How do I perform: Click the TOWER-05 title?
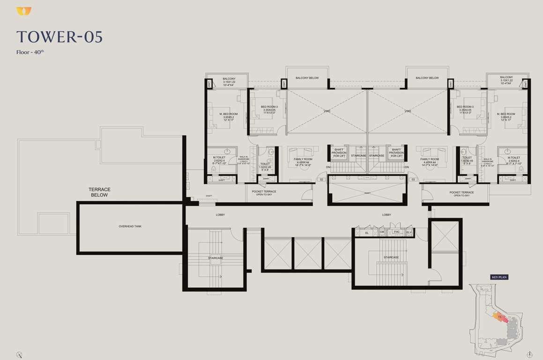click(59, 37)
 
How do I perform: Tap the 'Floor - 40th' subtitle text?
click(30, 52)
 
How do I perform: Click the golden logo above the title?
click(23, 11)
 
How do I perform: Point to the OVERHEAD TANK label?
click(130, 226)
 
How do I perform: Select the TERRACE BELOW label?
click(99, 192)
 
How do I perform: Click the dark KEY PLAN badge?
click(499, 277)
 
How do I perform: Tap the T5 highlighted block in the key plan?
click(500, 318)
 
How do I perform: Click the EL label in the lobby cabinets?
click(367, 232)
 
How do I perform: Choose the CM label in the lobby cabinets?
click(382, 232)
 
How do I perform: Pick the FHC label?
click(396, 232)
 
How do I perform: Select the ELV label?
click(409, 232)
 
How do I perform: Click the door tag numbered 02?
click(321, 180)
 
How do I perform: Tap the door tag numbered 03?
click(413, 180)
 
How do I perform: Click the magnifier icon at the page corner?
click(19, 354)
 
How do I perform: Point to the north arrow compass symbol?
click(529, 354)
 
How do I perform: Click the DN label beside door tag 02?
click(328, 167)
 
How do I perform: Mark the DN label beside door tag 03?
click(407, 167)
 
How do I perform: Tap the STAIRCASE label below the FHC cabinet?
click(391, 257)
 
